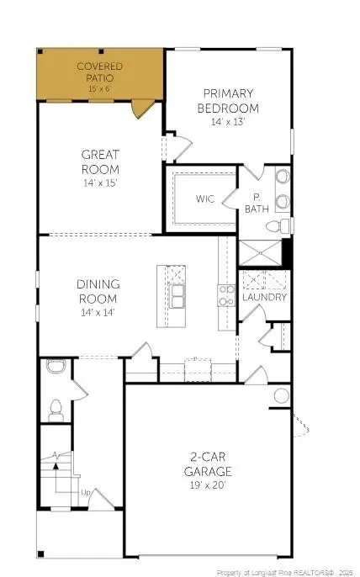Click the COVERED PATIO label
click(x=99, y=71)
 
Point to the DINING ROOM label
click(x=99, y=291)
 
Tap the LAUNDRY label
click(x=265, y=298)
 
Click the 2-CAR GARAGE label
click(x=209, y=464)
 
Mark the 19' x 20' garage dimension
click(x=209, y=485)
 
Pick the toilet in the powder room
click(x=57, y=410)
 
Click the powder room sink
click(x=56, y=366)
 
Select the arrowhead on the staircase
click(x=56, y=457)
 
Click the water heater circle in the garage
click(x=281, y=395)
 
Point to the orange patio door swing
click(x=143, y=108)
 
